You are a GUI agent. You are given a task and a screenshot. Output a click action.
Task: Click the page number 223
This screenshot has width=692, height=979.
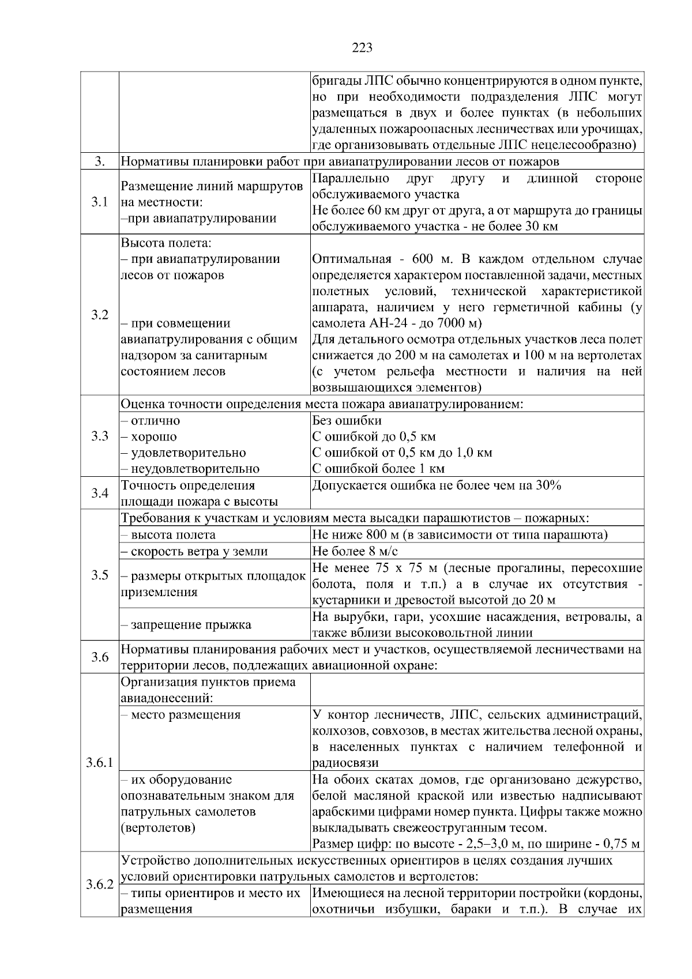tap(362, 48)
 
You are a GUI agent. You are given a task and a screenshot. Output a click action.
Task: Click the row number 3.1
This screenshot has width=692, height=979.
tap(100, 202)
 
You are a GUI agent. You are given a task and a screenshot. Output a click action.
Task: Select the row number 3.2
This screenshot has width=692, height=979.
tap(100, 315)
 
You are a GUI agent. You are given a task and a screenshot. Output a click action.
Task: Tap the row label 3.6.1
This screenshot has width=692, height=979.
tap(100, 763)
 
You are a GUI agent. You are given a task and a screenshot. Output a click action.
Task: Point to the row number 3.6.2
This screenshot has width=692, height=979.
tap(100, 884)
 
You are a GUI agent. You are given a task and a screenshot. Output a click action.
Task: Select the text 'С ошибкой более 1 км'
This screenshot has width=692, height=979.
tap(378, 468)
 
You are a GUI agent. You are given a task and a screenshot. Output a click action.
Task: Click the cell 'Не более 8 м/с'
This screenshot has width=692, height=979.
tap(355, 551)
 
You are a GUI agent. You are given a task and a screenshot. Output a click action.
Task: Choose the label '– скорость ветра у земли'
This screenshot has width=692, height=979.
tap(194, 551)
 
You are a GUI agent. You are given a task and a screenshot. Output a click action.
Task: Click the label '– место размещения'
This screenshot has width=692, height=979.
tap(180, 715)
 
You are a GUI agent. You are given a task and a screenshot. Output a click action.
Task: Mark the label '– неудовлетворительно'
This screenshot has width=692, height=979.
tap(190, 468)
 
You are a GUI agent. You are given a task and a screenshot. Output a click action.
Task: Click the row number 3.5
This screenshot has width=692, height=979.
tap(100, 575)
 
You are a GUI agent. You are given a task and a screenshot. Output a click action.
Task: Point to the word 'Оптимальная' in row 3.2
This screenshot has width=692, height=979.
tap(351, 259)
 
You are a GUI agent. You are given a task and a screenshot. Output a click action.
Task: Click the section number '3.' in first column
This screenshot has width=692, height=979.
tap(100, 161)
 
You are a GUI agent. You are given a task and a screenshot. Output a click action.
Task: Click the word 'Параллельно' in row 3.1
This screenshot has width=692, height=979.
tap(351, 179)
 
